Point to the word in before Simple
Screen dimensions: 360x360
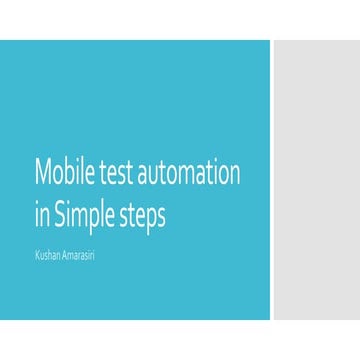coord(41,216)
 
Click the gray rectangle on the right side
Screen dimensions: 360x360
coord(316,180)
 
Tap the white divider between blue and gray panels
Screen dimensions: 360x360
coord(271,180)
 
